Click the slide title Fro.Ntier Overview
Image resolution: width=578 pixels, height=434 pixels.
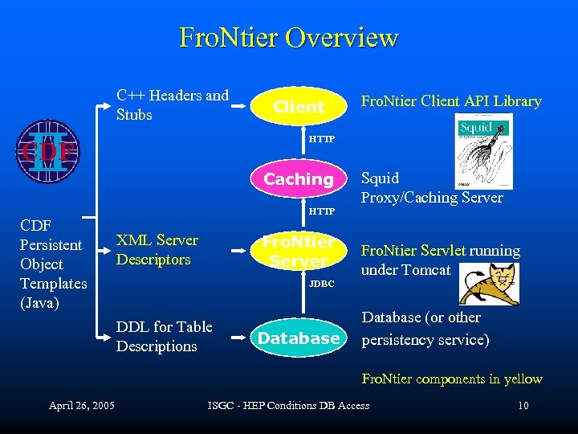[289, 38]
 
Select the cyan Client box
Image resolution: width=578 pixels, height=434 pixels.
[299, 106]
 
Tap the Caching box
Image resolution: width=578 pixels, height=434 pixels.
[299, 179]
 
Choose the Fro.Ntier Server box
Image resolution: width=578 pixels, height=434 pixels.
[299, 251]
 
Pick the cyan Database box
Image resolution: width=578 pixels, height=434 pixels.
[299, 338]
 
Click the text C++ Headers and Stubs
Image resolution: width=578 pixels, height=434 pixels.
[172, 104]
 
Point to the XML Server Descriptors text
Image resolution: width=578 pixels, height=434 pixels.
[157, 249]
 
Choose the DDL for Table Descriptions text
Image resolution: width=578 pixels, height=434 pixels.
[164, 336]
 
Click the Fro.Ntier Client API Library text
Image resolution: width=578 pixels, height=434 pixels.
[451, 101]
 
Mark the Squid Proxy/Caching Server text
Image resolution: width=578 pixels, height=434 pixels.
[432, 187]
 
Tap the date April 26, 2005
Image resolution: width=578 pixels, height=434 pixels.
[81, 405]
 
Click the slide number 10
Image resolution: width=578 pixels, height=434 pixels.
[523, 405]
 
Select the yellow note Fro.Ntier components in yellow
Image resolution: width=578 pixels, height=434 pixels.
[452, 379]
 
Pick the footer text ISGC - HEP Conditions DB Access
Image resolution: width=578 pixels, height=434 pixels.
[288, 405]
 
